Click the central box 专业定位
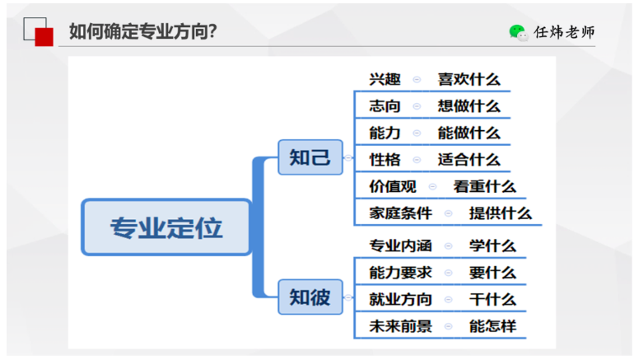point(166,227)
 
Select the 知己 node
point(310,157)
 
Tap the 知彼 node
point(310,297)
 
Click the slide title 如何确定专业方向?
point(142,31)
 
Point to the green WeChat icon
point(518,32)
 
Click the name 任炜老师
point(564,32)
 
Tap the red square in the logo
point(44,37)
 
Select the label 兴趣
point(385,79)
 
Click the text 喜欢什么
point(469,79)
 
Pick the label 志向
point(385,106)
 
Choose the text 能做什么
point(469,133)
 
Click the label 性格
point(385,159)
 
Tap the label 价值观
point(393,186)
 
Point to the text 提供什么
point(500,213)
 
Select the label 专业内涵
point(400,245)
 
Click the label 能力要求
point(400,273)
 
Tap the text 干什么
point(492,299)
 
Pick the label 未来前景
point(400,326)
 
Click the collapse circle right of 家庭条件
point(448,213)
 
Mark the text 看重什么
point(484,186)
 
